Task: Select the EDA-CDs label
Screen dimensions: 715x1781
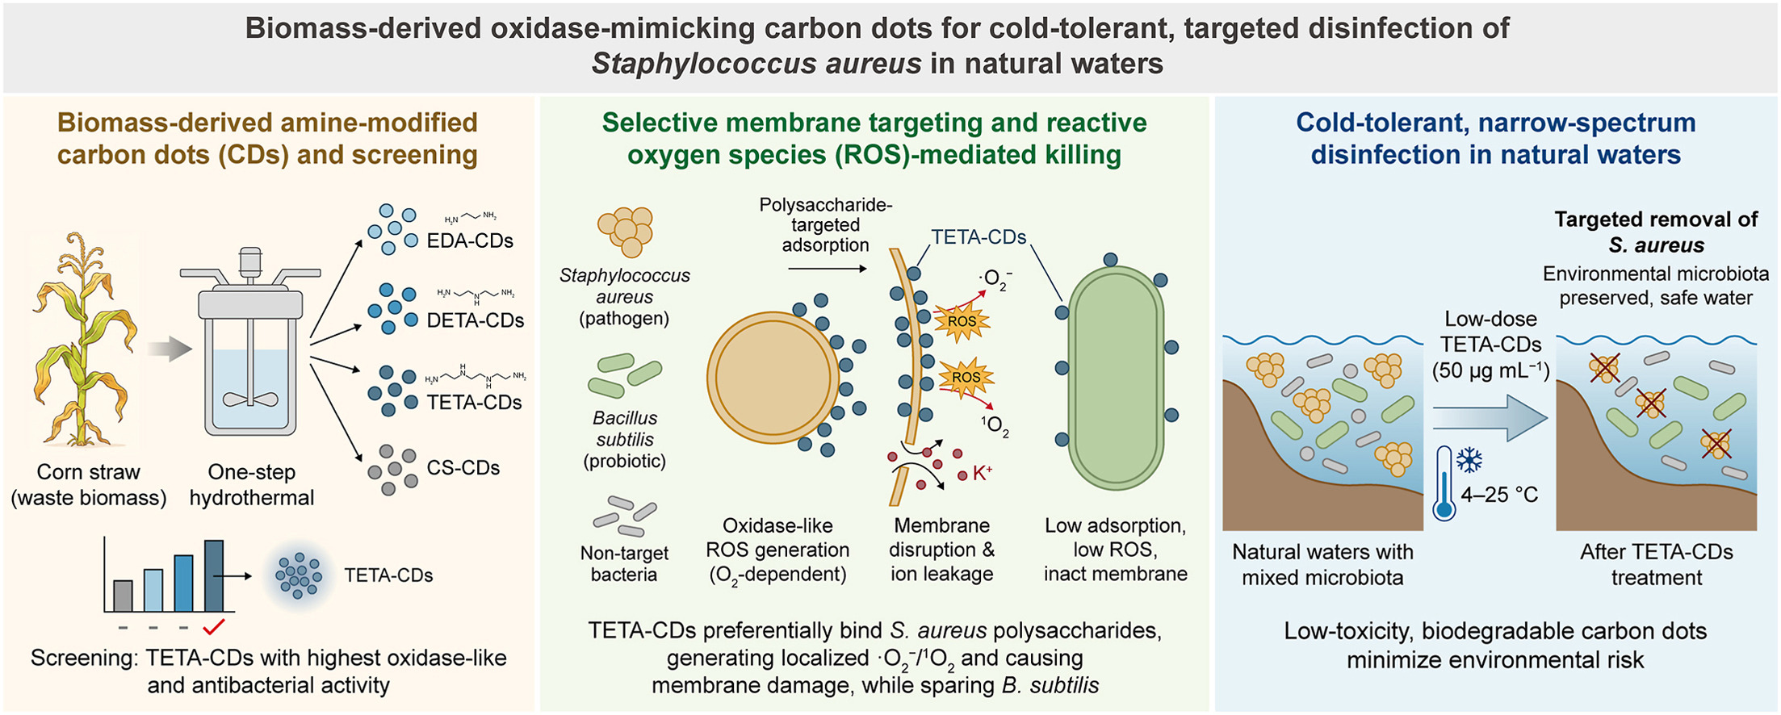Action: click(x=470, y=240)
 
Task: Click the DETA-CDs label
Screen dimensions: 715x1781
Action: click(x=475, y=320)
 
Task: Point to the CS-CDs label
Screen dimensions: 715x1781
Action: click(x=463, y=467)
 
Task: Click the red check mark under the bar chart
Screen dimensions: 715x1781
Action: click(x=214, y=627)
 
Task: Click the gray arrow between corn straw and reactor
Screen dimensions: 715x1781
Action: click(x=170, y=349)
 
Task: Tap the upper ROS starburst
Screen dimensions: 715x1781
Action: click(x=962, y=321)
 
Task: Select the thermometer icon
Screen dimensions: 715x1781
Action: click(x=1444, y=483)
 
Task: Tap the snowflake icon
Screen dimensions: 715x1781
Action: click(x=1469, y=461)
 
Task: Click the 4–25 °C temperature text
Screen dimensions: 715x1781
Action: click(x=1499, y=495)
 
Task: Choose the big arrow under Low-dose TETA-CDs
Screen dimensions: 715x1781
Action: click(x=1490, y=418)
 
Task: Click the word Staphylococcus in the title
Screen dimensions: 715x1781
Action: click(x=700, y=63)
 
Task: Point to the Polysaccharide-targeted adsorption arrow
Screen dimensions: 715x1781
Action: click(x=826, y=268)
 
